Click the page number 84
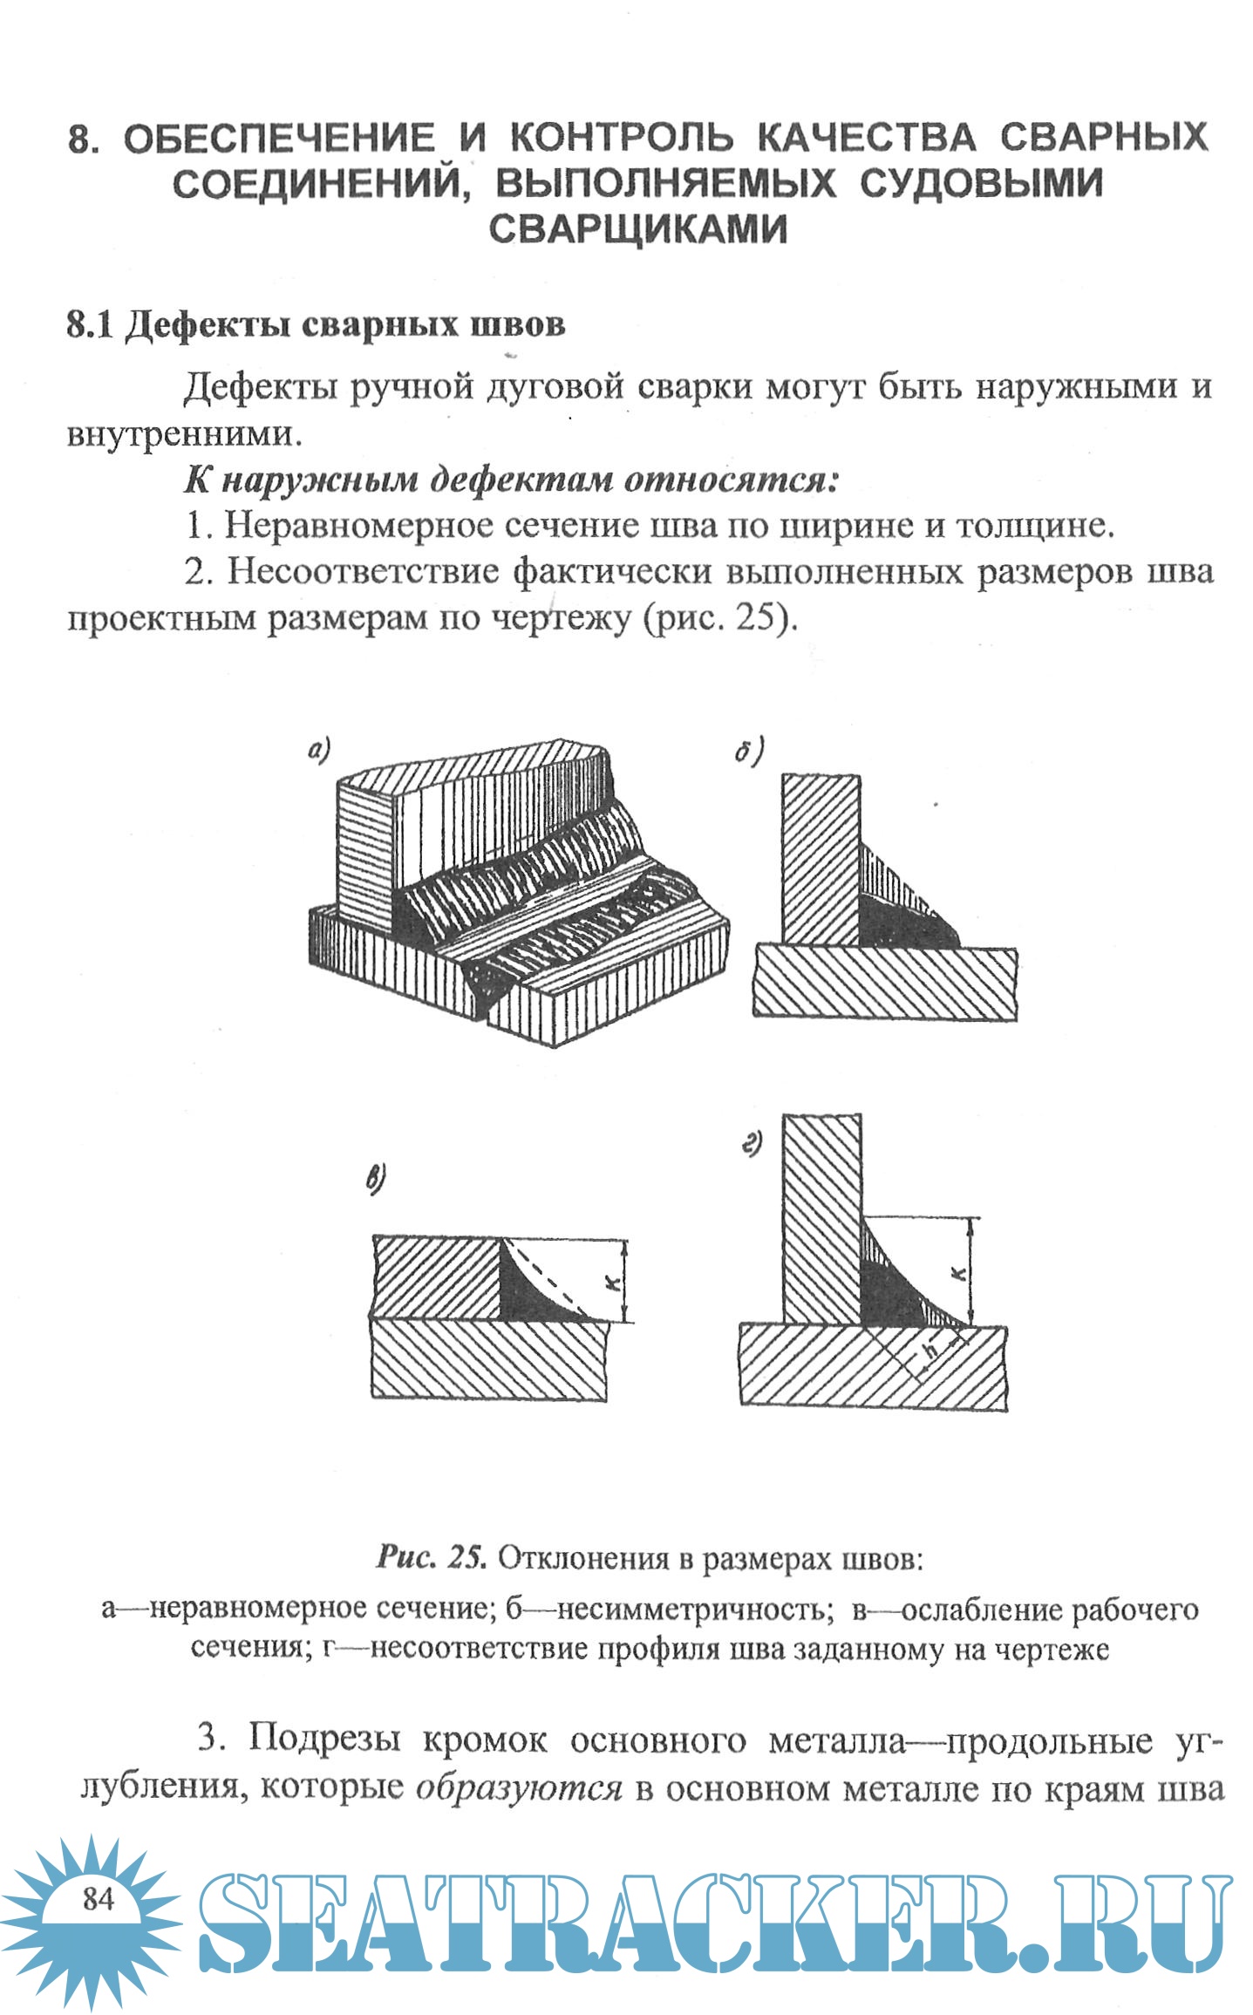[99, 1897]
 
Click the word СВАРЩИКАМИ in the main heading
[637, 228]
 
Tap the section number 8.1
[90, 324]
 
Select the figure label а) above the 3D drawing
[319, 749]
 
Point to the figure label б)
[748, 750]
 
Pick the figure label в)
[375, 1181]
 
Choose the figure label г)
[752, 1143]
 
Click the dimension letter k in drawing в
[613, 1281]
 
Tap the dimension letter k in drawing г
[958, 1274]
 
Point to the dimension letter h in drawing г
[930, 1351]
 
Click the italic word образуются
[519, 1787]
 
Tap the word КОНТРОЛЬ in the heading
[622, 137]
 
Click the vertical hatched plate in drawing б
[820, 859]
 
